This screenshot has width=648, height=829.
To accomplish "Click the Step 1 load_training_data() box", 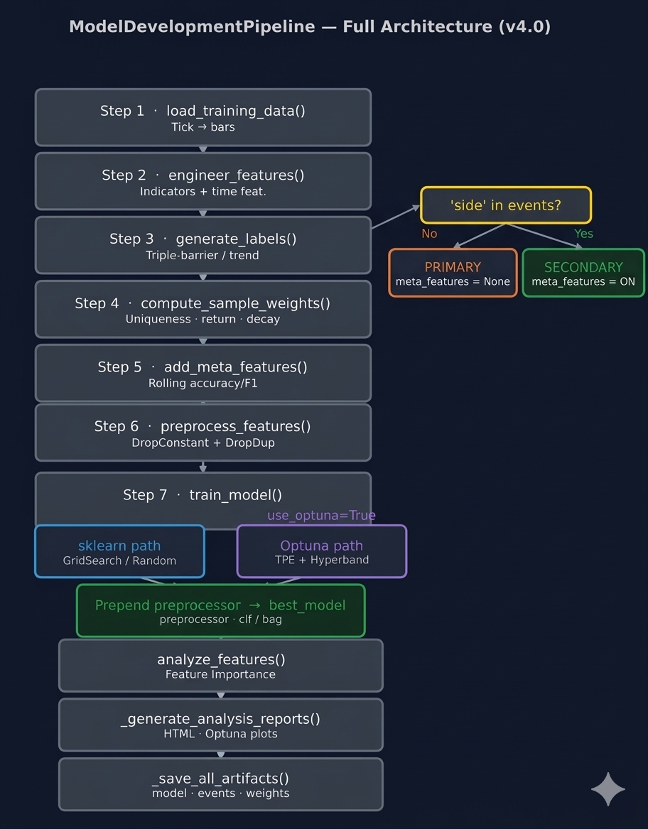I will coord(203,117).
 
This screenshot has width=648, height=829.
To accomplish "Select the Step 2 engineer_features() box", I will coord(203,181).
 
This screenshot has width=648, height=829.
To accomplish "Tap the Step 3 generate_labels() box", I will coord(203,245).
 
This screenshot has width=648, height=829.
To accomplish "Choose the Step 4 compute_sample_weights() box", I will coord(203,309).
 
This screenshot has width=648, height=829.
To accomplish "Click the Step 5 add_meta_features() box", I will coord(203,373).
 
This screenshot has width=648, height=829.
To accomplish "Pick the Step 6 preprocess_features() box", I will coord(203,433).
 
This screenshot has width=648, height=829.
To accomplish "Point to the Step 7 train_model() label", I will coord(202,495).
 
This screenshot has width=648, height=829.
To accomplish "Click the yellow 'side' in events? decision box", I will coord(506,205).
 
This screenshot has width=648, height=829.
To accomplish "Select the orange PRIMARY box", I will coord(453,273).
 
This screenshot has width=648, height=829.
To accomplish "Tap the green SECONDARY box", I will coord(583,273).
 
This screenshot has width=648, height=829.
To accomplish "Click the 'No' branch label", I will coord(429,234).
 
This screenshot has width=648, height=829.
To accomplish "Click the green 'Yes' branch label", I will coord(583,234).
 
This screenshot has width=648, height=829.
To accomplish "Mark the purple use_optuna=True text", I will coord(321,515).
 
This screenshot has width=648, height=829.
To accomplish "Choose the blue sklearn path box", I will coord(119,551).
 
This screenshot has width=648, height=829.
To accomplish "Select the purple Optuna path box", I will coord(321,551).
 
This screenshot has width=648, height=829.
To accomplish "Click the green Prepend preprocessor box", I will coord(220,611).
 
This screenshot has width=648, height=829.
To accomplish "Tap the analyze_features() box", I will coord(220,666).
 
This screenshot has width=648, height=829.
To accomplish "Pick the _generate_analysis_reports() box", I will coord(220,725).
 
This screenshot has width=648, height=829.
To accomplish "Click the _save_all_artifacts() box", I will coord(220,784).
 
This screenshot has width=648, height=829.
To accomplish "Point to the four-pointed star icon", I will coord(608,789).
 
